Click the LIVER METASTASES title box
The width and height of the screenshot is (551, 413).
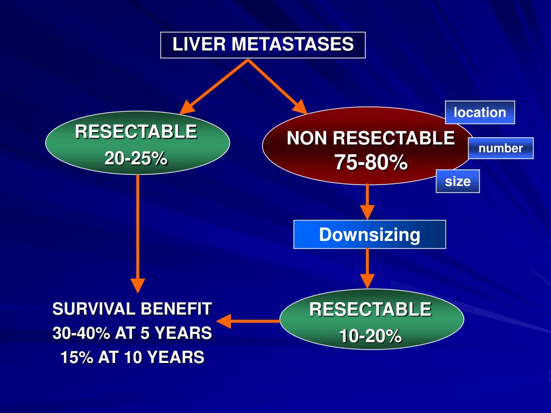pyautogui.click(x=263, y=45)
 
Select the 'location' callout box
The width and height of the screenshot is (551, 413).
pyautogui.click(x=480, y=112)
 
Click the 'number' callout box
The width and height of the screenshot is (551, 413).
pyautogui.click(x=500, y=148)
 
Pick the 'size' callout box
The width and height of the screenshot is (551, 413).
pyautogui.click(x=457, y=181)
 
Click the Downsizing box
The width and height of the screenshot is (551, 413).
pyautogui.click(x=370, y=234)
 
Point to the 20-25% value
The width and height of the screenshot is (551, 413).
pyautogui.click(x=136, y=159)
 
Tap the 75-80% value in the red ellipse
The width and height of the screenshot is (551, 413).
pyautogui.click(x=371, y=162)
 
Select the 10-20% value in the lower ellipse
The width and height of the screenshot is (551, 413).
pyautogui.click(x=370, y=337)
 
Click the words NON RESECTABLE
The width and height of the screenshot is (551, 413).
pyautogui.click(x=371, y=139)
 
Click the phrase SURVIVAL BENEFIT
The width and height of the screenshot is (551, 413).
pyautogui.click(x=132, y=309)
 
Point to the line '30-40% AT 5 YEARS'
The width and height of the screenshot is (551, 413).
pyautogui.click(x=132, y=333)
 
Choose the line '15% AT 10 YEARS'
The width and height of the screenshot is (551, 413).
pyautogui.click(x=132, y=358)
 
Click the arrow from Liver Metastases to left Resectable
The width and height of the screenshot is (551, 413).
pyautogui.click(x=214, y=87)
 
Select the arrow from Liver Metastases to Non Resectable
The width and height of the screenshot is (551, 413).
pyautogui.click(x=277, y=87)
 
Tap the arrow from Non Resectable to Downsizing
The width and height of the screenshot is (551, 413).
pyautogui.click(x=367, y=201)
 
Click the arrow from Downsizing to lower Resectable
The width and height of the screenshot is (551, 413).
pyautogui.click(x=367, y=268)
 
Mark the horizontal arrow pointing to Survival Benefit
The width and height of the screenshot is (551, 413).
pyautogui.click(x=248, y=322)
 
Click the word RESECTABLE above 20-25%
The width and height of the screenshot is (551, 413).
pyautogui.click(x=136, y=132)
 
